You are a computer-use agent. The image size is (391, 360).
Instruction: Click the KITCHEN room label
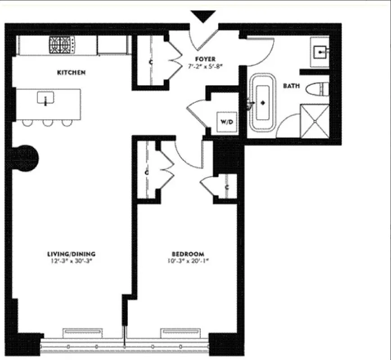click(72, 72)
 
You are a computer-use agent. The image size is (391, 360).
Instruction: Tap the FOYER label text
click(205, 59)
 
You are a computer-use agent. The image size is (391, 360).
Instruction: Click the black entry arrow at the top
click(204, 17)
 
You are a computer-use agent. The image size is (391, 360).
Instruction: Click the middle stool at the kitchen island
click(48, 122)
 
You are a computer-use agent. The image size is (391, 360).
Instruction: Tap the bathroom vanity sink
click(321, 52)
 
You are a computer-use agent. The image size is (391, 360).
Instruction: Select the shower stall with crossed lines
click(315, 121)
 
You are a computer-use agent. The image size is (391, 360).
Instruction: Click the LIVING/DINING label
click(72, 253)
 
